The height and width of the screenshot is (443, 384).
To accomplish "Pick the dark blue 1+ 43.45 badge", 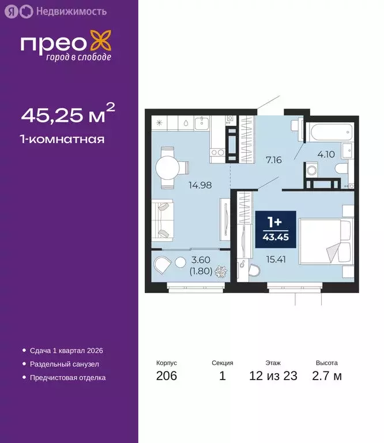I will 276,229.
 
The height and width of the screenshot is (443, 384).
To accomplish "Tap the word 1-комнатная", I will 62,139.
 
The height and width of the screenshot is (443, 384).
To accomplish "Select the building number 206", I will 166,376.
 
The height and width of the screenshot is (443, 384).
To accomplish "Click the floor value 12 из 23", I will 273,376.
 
